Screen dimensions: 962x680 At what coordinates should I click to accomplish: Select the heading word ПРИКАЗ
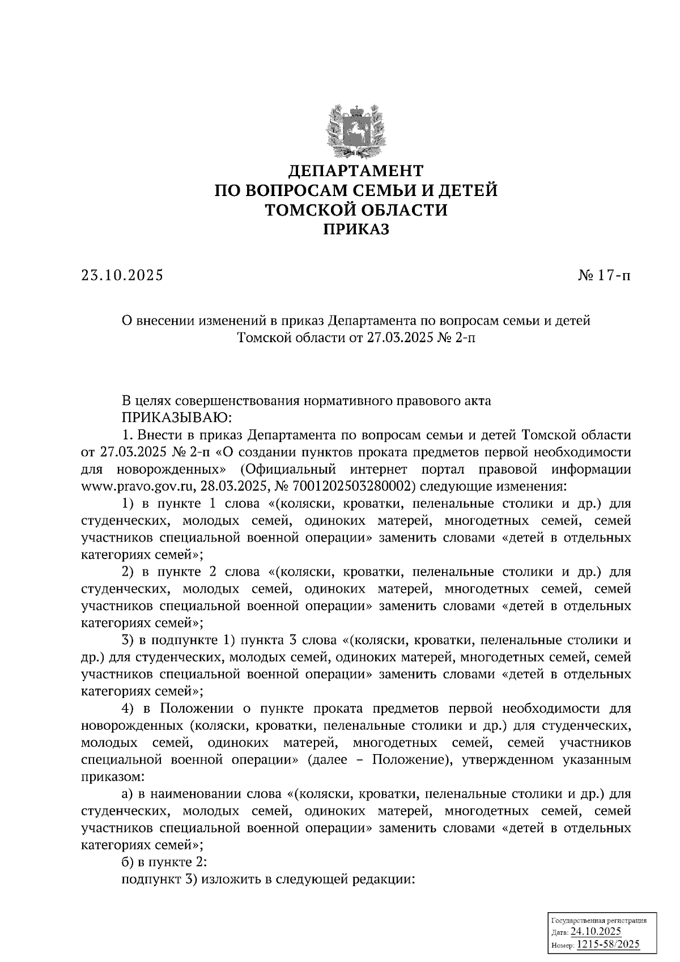point(356,229)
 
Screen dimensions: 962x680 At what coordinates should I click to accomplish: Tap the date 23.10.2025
point(122,275)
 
